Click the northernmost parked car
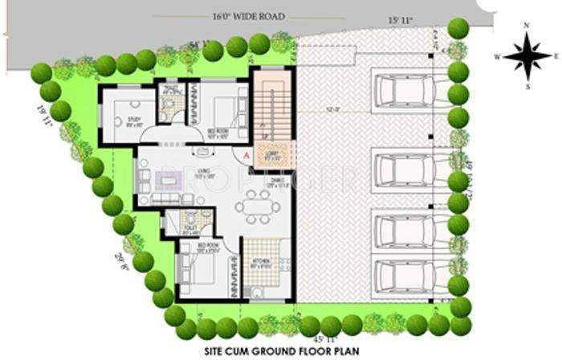pyautogui.click(x=399, y=89)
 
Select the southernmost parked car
pyautogui.click(x=399, y=273)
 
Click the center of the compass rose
pyautogui.click(x=526, y=55)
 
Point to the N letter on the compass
pyautogui.click(x=526, y=27)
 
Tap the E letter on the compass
pyautogui.click(x=556, y=55)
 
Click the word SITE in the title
pyautogui.click(x=219, y=352)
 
